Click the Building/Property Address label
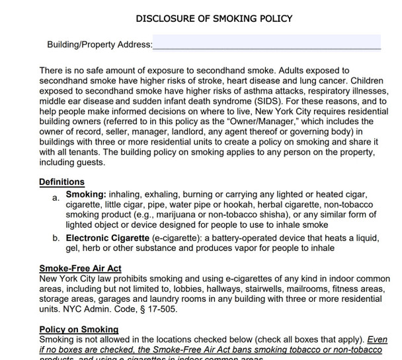[99, 45]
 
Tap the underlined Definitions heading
[61, 182]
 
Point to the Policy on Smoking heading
[79, 329]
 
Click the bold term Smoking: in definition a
[85, 195]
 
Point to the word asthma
[231, 91]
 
